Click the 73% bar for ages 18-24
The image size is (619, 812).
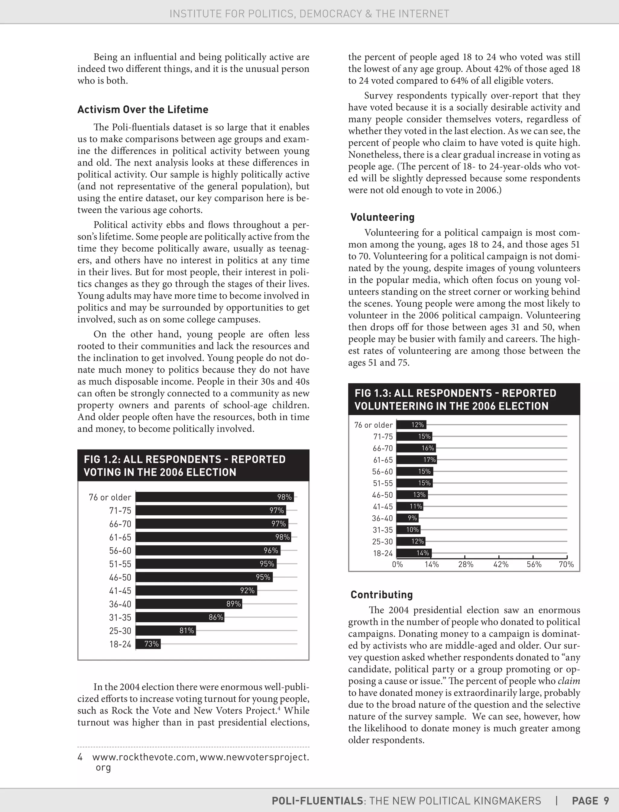click(x=148, y=644)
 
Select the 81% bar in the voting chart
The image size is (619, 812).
click(x=166, y=631)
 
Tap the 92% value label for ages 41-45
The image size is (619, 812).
click(x=247, y=591)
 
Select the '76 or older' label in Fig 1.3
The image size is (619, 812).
click(x=374, y=425)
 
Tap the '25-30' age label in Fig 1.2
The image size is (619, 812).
click(x=120, y=631)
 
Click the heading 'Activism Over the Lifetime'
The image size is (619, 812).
click(x=143, y=110)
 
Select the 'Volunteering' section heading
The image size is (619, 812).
click(x=382, y=217)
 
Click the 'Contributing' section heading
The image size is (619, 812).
click(x=382, y=595)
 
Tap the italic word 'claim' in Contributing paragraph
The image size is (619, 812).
click(x=569, y=681)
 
